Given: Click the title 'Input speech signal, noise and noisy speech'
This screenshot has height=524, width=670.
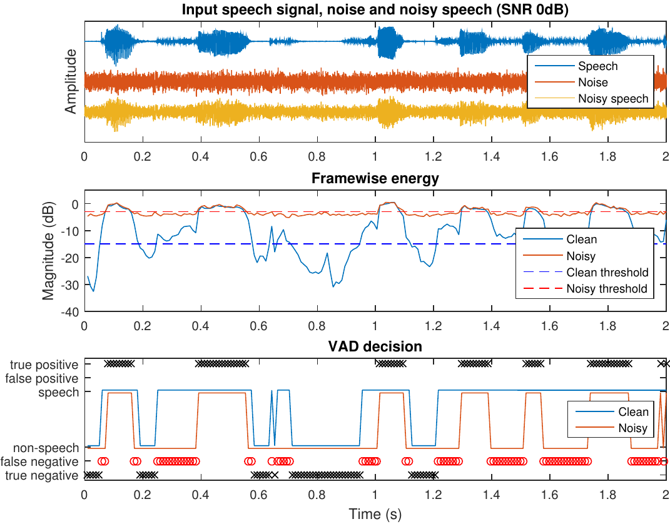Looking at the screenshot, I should [375, 10].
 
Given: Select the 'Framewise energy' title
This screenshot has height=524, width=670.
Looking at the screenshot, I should [375, 179].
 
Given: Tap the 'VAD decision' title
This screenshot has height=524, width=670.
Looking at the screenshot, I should [375, 346].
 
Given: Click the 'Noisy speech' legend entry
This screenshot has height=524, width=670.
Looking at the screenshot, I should [613, 99].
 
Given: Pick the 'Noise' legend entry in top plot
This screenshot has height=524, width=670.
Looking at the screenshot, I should [592, 83].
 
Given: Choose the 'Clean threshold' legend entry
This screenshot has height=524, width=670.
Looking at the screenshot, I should [607, 273].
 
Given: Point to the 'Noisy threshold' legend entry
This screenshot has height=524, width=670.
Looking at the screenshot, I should [607, 289].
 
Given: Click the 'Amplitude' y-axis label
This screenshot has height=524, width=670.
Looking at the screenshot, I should [71, 81].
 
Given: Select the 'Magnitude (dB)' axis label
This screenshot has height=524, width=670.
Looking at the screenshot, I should [49, 250].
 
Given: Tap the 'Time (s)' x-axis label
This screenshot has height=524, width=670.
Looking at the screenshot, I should [375, 515].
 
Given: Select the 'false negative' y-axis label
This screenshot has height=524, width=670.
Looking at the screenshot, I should [40, 462].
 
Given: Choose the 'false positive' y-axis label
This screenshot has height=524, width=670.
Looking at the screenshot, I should [42, 378].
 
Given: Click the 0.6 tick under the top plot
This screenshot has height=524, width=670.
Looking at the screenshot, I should [258, 157].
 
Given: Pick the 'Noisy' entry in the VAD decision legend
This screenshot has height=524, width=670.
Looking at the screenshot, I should [632, 428].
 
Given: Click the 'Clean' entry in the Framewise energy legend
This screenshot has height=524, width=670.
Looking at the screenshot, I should [582, 239].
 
